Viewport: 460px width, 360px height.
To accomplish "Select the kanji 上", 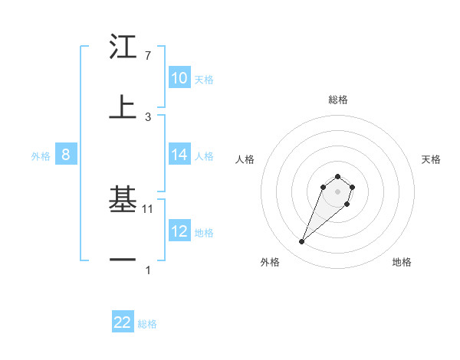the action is click(123, 108).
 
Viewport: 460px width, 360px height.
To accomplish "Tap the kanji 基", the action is click(123, 200).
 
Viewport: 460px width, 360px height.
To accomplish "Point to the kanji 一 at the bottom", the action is click(123, 260).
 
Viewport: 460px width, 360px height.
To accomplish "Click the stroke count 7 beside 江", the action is click(148, 56).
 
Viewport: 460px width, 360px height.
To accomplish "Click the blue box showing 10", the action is click(179, 78).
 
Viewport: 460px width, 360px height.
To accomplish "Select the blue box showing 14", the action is click(179, 155).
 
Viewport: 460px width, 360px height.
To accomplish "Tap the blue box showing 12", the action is click(179, 231).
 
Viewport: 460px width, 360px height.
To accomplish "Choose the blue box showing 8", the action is click(66, 155).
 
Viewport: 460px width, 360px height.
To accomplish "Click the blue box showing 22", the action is click(123, 322).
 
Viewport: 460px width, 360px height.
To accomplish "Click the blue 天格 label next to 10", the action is click(204, 79).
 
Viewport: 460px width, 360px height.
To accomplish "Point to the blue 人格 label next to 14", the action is click(204, 155).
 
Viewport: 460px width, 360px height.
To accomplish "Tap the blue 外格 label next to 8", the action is click(41, 155).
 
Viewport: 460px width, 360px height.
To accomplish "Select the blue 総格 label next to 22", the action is click(147, 323).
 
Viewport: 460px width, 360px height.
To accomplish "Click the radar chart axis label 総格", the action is click(338, 100).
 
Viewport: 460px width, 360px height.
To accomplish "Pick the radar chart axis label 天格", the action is click(431, 159).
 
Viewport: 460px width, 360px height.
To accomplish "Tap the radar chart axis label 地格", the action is click(402, 262).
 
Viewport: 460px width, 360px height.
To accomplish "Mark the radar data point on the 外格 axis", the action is click(302, 242).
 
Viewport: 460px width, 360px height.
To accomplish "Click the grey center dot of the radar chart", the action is click(337, 191).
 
